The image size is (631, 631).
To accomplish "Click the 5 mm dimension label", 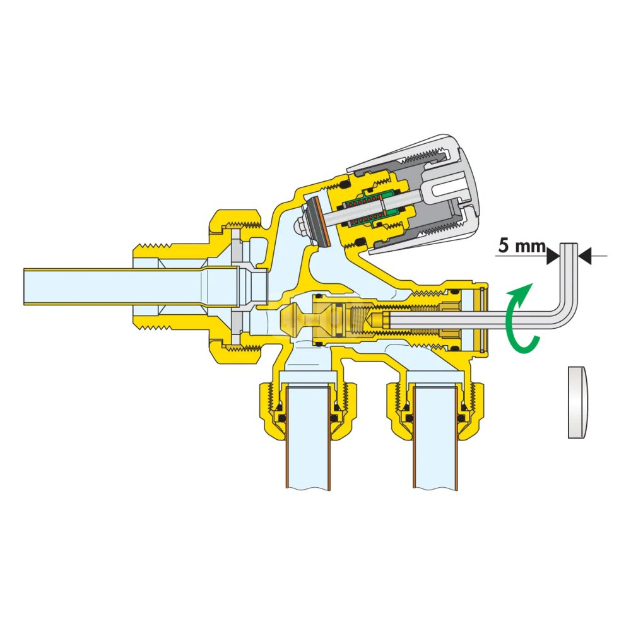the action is pos(522,245).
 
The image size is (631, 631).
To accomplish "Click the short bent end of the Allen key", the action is pos(569,274).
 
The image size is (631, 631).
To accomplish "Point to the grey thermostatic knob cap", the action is pos(427,193).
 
